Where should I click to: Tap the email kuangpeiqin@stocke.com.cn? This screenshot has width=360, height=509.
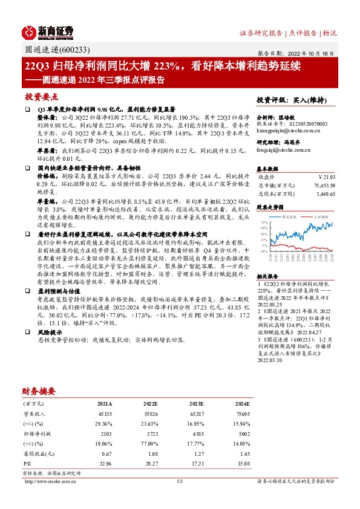click(288, 129)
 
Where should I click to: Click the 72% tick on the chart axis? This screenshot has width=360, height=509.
click(264, 222)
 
